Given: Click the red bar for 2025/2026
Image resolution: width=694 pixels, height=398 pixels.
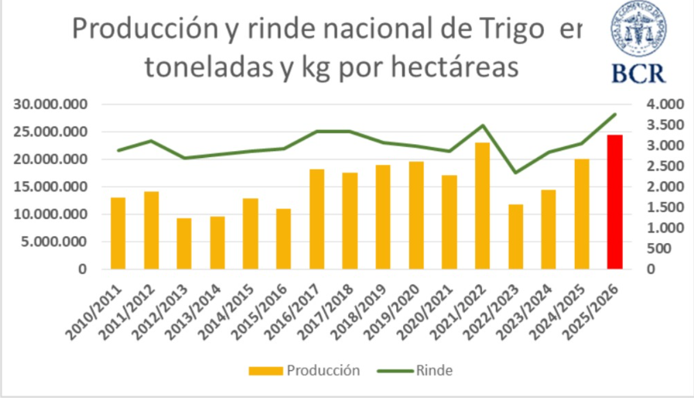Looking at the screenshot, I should pyautogui.click(x=614, y=202).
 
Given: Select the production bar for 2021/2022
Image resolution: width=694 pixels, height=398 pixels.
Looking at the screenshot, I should pyautogui.click(x=482, y=206).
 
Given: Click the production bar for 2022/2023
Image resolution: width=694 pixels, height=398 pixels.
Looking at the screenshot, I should pyautogui.click(x=515, y=236).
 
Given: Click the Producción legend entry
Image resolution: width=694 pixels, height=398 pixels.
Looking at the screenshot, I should pyautogui.click(x=305, y=370).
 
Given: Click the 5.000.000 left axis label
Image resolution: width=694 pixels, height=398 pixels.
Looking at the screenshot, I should pyautogui.click(x=55, y=242).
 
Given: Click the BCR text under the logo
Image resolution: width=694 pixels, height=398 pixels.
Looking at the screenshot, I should pyautogui.click(x=638, y=72).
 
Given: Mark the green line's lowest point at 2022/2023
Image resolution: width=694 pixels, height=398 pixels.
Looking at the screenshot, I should pyautogui.click(x=515, y=172).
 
